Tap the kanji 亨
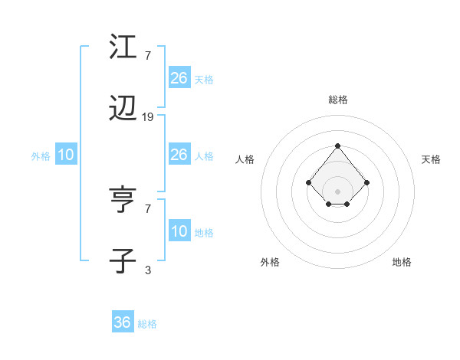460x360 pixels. [x=123, y=201]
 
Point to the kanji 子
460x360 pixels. [x=123, y=260]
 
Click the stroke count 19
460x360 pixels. [x=148, y=117]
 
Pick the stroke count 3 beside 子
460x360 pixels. [x=148, y=270]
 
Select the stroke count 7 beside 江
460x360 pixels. [x=148, y=56]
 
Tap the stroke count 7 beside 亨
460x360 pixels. [x=148, y=208]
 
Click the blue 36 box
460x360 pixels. [x=123, y=322]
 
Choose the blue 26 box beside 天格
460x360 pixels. [x=179, y=77]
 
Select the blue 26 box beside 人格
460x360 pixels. [x=179, y=155]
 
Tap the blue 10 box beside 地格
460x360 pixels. [x=179, y=231]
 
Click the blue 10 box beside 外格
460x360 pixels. [x=66, y=155]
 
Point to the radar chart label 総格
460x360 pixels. [x=338, y=100]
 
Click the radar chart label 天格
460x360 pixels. [x=431, y=159]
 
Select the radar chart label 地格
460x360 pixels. [x=402, y=262]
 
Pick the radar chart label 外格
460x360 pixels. [x=270, y=262]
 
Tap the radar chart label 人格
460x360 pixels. [x=245, y=159]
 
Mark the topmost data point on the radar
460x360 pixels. [x=337, y=146]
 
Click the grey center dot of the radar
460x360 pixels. [x=337, y=191]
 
